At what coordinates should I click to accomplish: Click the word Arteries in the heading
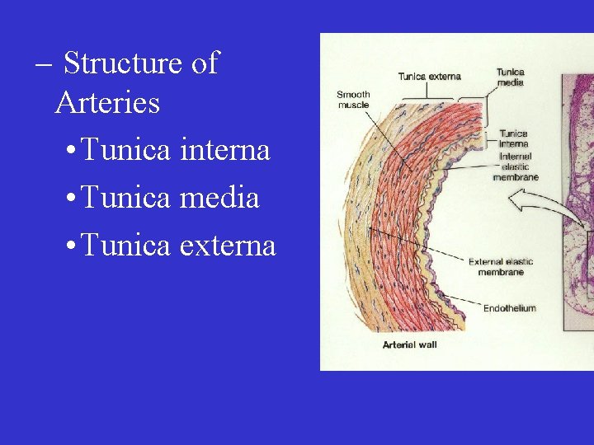click(x=107, y=103)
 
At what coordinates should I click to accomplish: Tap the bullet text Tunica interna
click(x=177, y=151)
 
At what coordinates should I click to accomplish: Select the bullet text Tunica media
click(x=171, y=198)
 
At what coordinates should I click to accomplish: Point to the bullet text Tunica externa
click(x=179, y=245)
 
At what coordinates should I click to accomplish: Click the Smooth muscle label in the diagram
click(x=353, y=100)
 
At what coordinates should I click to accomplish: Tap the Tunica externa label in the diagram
click(x=429, y=77)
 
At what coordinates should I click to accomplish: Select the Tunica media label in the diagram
click(x=510, y=77)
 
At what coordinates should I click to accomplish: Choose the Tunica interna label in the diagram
click(x=513, y=138)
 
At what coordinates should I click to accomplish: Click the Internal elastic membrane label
click(x=515, y=166)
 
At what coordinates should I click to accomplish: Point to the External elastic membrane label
click(x=501, y=267)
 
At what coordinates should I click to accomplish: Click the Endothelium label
click(x=509, y=308)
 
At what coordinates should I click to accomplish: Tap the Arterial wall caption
click(x=409, y=344)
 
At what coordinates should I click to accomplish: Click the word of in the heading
click(x=203, y=63)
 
